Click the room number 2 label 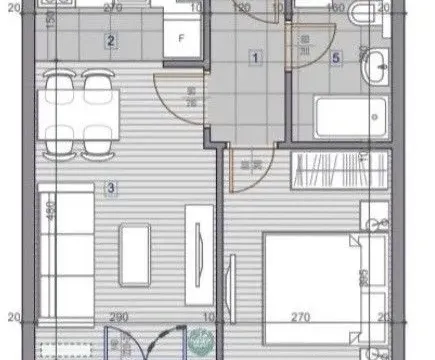coord(111,42)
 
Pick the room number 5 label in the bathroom coord(335,58)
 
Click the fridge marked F coord(181,40)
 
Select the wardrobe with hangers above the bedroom coord(324,173)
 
